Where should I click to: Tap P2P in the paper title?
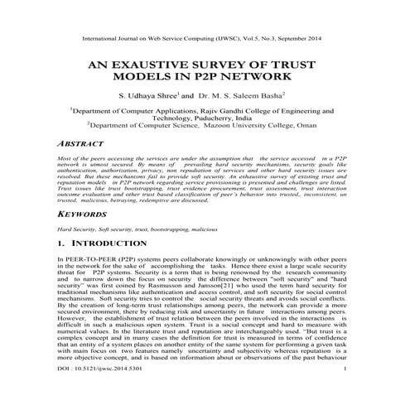coord(223,77)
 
